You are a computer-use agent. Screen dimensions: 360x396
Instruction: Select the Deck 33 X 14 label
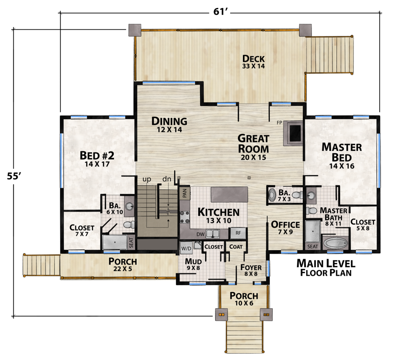coord(253,62)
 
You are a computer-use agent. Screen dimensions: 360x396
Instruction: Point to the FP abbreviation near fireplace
coord(279,123)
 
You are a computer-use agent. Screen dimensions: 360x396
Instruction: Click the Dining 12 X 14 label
coord(169,124)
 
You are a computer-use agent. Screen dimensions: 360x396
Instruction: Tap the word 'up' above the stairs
coord(147,179)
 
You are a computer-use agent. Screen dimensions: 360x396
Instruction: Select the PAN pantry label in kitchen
coord(184,192)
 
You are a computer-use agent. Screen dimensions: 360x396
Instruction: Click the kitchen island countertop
coord(229,194)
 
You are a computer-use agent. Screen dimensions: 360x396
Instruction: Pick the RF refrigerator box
coord(238,233)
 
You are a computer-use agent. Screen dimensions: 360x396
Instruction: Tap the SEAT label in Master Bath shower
coord(312,247)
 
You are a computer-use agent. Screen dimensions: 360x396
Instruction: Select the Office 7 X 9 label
coord(285,228)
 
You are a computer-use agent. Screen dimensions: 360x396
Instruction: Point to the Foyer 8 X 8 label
coord(251,270)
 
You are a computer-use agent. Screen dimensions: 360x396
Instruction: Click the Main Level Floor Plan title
coord(325,268)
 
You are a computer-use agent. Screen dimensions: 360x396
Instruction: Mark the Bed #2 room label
coord(97,159)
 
